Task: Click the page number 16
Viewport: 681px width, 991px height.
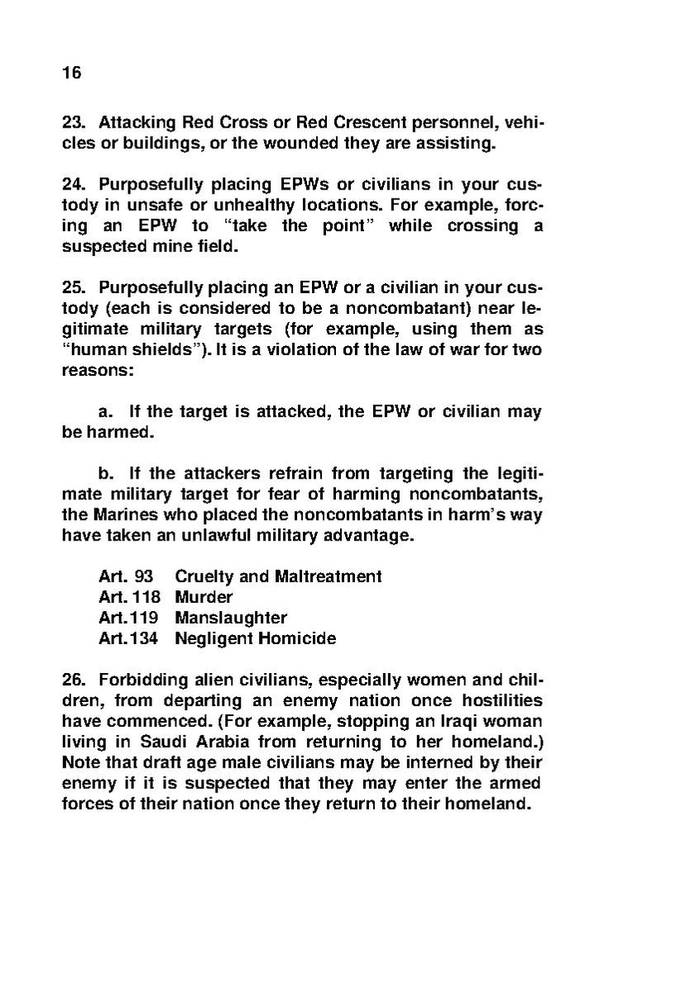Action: pos(72,73)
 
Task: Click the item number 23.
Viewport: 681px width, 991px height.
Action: pos(74,123)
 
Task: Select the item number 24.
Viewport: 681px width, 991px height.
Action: pos(74,185)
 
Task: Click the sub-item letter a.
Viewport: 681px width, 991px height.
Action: pos(104,412)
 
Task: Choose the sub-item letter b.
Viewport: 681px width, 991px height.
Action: pos(104,474)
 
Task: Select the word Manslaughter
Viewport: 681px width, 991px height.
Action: pos(231,618)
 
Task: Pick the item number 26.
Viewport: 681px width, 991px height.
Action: pos(74,681)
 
